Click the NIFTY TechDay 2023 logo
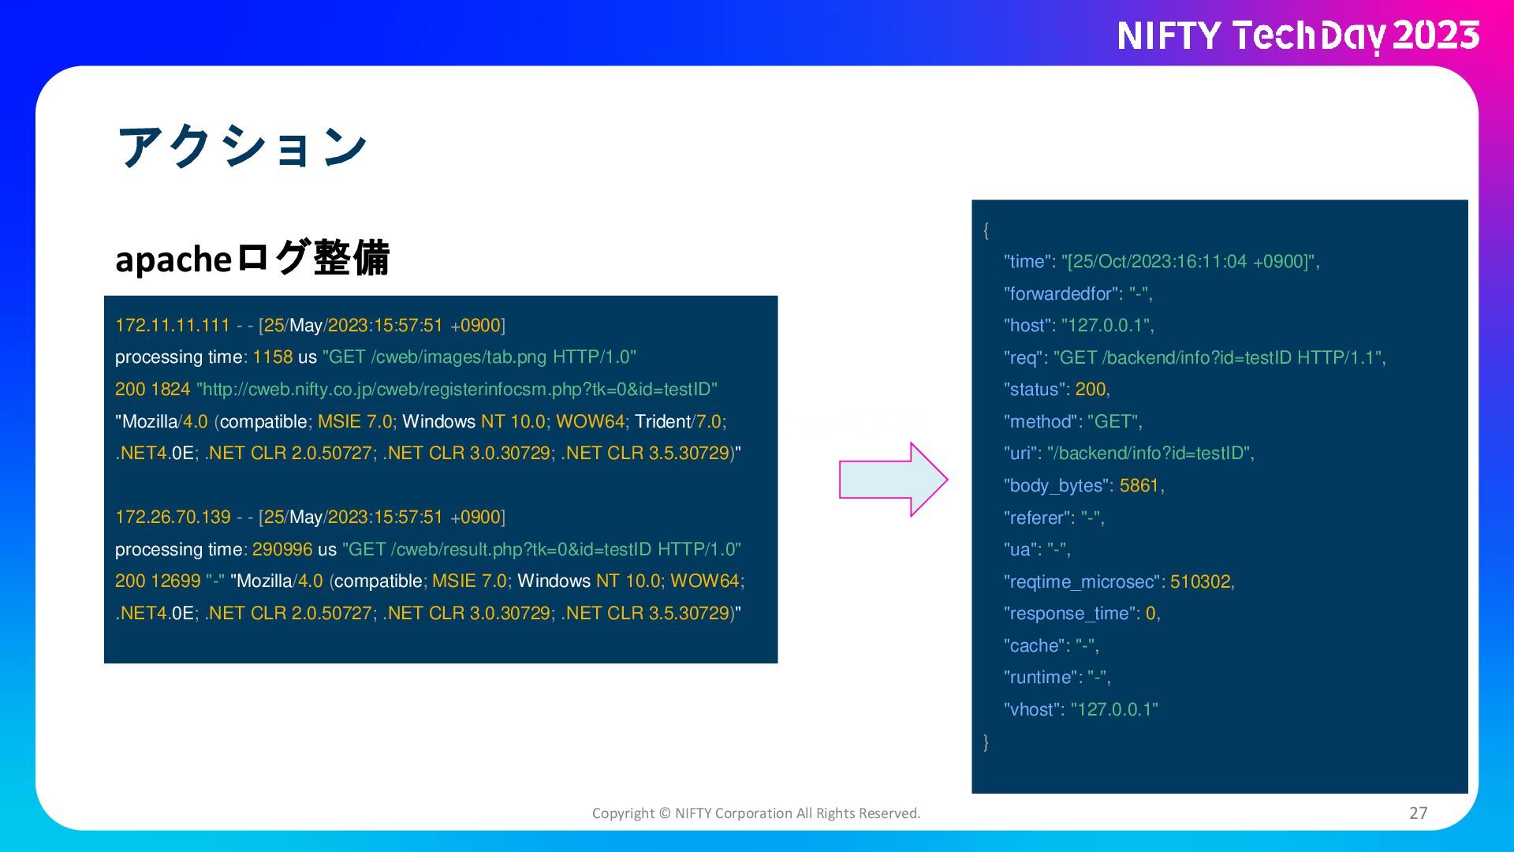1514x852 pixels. [1298, 36]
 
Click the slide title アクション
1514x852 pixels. [242, 147]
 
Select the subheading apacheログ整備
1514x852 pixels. [252, 258]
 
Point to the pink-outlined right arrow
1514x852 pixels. [893, 480]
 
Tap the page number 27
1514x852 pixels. [1418, 813]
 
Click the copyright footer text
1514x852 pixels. [756, 813]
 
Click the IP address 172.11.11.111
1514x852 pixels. [173, 325]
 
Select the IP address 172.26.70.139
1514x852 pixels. [173, 517]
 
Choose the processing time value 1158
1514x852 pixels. [272, 357]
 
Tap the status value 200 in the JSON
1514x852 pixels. [1091, 389]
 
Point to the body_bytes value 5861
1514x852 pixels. [1139, 485]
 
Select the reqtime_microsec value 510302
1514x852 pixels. [1200, 581]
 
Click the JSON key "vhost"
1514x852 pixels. [1032, 709]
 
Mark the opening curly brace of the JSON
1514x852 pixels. [986, 230]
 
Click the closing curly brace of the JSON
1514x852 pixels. [986, 742]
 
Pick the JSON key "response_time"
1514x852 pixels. [1072, 613]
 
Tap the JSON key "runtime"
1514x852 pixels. [1040, 677]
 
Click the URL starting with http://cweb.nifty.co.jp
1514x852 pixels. [457, 389]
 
